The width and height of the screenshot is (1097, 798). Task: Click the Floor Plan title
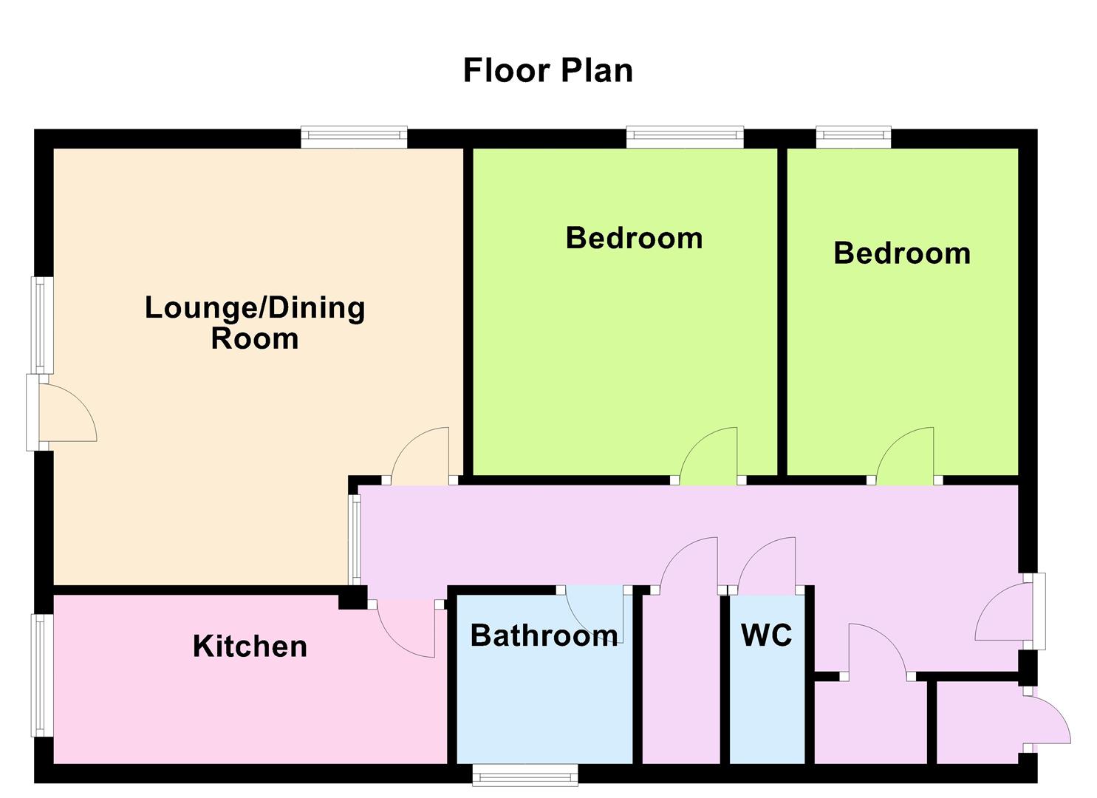(x=548, y=70)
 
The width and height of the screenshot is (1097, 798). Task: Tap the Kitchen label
(x=250, y=646)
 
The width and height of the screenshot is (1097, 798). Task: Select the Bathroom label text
(x=544, y=635)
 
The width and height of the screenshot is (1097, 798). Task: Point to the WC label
(x=767, y=635)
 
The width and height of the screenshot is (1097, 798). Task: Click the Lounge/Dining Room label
(x=255, y=323)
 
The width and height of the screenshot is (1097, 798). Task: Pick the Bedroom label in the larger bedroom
(x=635, y=238)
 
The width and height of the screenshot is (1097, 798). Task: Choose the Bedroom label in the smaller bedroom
(x=902, y=253)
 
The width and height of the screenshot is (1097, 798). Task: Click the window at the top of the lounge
(x=354, y=137)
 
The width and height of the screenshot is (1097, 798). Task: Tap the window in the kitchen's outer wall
(x=43, y=675)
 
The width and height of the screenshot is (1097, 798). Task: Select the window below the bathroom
(x=525, y=775)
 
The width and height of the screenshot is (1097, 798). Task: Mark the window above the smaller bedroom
(x=854, y=137)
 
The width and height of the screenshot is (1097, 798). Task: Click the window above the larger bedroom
(x=685, y=137)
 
